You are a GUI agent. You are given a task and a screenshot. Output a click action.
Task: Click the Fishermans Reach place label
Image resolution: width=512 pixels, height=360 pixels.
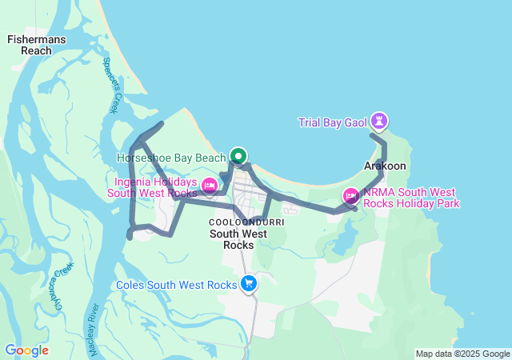(x=36, y=45)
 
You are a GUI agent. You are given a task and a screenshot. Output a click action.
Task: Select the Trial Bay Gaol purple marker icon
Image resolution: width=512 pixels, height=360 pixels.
(x=380, y=122)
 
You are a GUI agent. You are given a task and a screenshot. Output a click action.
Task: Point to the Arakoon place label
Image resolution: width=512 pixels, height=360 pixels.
(x=385, y=166)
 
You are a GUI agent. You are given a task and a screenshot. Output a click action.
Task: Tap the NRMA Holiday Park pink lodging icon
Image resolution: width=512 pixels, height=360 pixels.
(x=350, y=195)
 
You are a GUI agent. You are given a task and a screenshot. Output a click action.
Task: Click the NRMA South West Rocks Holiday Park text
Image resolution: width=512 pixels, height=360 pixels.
(x=411, y=198)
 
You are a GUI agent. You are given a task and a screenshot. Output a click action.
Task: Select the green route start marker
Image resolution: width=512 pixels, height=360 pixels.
(x=238, y=157)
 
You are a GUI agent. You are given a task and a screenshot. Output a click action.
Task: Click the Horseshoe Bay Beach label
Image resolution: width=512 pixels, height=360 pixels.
(x=171, y=158)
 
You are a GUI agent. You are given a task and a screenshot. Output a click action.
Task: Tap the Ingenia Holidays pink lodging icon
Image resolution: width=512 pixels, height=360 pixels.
(x=210, y=186)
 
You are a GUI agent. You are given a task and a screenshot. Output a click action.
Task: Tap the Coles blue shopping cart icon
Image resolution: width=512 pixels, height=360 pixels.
(x=249, y=283)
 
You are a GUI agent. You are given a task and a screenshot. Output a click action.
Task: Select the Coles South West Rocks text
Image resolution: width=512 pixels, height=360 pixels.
(x=177, y=285)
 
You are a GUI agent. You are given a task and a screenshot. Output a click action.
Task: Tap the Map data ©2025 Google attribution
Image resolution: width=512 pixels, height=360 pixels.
(x=462, y=354)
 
